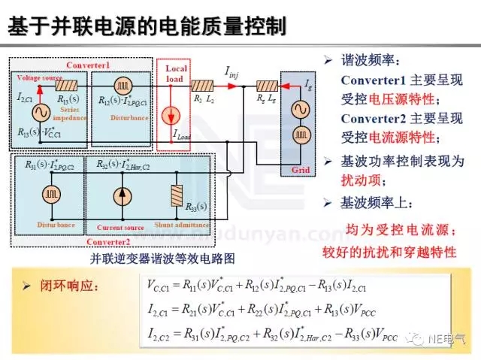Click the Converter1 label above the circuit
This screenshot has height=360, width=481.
(88, 65)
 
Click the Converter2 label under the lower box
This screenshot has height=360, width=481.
(108, 241)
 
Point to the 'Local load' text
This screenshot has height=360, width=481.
(177, 73)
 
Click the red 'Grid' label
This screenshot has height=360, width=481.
(295, 171)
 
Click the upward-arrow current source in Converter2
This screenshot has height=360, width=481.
(120, 195)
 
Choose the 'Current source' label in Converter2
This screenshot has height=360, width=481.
(119, 225)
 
